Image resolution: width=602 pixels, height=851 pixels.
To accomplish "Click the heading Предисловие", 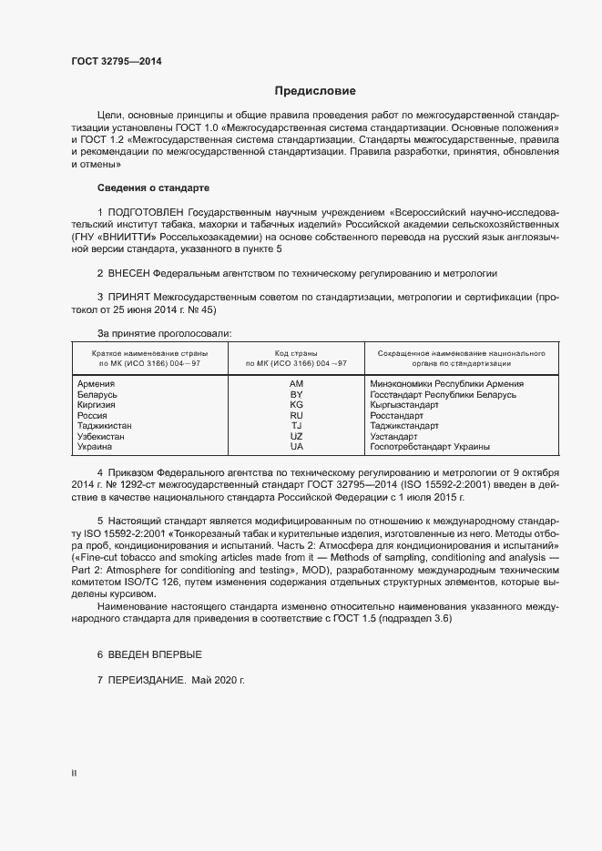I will click(315, 91).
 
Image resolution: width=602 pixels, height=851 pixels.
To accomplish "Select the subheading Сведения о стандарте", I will click(153, 187).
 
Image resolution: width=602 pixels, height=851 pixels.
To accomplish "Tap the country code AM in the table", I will click(296, 384).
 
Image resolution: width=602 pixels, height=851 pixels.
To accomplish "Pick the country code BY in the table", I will click(296, 395).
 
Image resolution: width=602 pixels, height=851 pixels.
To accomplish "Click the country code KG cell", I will click(296, 405).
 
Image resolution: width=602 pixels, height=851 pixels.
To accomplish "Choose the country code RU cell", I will click(296, 416).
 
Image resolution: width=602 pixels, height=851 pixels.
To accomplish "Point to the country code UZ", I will click(296, 437).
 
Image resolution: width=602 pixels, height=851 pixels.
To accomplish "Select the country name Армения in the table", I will click(97, 384).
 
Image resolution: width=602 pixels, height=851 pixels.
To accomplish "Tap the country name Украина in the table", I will click(96, 447).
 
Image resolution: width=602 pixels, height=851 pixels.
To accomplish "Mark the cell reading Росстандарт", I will click(397, 416).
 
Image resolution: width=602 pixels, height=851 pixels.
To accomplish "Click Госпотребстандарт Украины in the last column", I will click(430, 447).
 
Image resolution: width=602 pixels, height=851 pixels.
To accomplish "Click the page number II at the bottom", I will click(74, 774).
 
